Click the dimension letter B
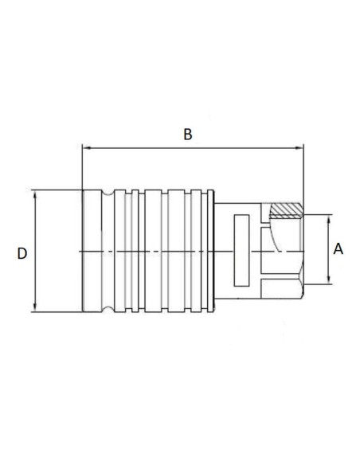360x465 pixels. click(x=188, y=134)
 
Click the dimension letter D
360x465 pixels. click(x=22, y=253)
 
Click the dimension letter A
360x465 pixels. click(x=338, y=248)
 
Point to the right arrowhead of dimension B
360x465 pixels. click(x=300, y=147)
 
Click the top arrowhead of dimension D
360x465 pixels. click(x=36, y=193)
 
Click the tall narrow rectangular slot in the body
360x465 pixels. click(x=242, y=251)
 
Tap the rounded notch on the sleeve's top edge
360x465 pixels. click(x=107, y=193)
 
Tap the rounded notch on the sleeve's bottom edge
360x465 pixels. click(x=107, y=310)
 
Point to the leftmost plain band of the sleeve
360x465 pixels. click(x=92, y=251)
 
